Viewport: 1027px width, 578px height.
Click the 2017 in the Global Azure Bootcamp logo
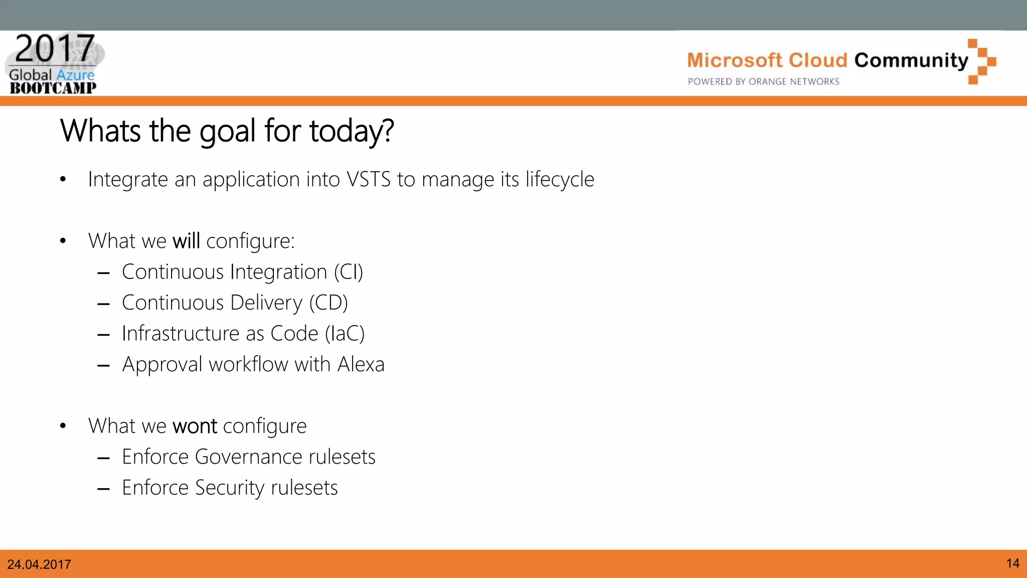(55, 48)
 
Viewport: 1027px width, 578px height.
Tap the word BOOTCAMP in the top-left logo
(53, 88)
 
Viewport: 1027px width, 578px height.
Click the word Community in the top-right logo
(911, 60)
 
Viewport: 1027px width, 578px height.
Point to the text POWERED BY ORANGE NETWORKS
(763, 82)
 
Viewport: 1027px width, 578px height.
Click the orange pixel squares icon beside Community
(982, 61)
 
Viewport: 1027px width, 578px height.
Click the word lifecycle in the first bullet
(560, 180)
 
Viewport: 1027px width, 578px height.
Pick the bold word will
(186, 241)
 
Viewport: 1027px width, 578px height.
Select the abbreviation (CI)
(348, 272)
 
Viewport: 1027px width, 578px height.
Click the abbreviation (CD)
(328, 303)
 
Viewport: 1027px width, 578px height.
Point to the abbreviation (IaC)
(345, 334)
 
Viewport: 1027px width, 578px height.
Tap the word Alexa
(361, 365)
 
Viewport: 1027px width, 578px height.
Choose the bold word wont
(195, 426)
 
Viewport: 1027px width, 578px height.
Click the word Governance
(248, 457)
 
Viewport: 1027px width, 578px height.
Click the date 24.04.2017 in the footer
(39, 564)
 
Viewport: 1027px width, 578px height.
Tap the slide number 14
(1012, 563)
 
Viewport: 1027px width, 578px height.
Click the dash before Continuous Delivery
(104, 304)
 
